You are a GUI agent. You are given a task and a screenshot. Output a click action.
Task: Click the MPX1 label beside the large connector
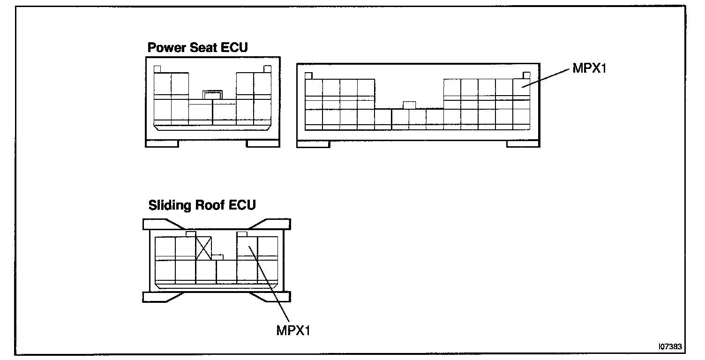point(589,69)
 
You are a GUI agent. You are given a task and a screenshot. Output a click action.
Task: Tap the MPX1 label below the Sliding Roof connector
point(293,330)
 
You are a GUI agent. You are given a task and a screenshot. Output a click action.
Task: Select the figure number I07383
point(670,346)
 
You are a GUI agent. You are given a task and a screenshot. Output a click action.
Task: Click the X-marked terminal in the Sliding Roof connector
point(204,247)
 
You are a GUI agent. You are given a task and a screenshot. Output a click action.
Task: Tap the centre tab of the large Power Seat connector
point(409,105)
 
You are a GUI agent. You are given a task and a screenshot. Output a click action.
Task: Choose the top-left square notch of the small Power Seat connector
point(157,69)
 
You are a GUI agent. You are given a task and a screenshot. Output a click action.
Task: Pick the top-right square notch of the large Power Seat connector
point(526,75)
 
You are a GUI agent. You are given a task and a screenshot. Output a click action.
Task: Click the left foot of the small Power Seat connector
point(162,143)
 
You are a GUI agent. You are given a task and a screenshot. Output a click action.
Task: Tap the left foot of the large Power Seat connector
point(314,144)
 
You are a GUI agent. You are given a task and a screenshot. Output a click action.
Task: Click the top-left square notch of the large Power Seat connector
point(308,75)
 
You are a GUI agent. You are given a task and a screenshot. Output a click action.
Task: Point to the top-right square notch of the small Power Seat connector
point(267,69)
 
